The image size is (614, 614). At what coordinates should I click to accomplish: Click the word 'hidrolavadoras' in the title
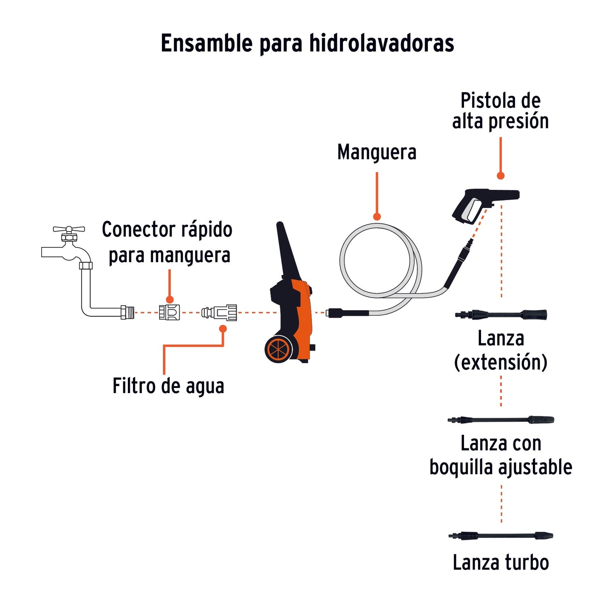click(382, 43)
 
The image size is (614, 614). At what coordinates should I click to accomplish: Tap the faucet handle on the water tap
click(68, 229)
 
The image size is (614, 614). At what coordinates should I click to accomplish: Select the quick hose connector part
click(169, 313)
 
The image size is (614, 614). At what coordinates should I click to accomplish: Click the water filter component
click(219, 313)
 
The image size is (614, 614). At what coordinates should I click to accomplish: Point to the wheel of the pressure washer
click(278, 349)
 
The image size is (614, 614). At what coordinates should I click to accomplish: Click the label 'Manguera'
click(376, 152)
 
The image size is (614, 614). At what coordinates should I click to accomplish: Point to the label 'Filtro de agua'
click(168, 386)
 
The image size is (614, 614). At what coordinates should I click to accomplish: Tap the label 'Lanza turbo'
click(501, 562)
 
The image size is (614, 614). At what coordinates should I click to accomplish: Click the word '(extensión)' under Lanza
click(501, 362)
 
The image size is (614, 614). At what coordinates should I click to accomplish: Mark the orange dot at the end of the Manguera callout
click(377, 217)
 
